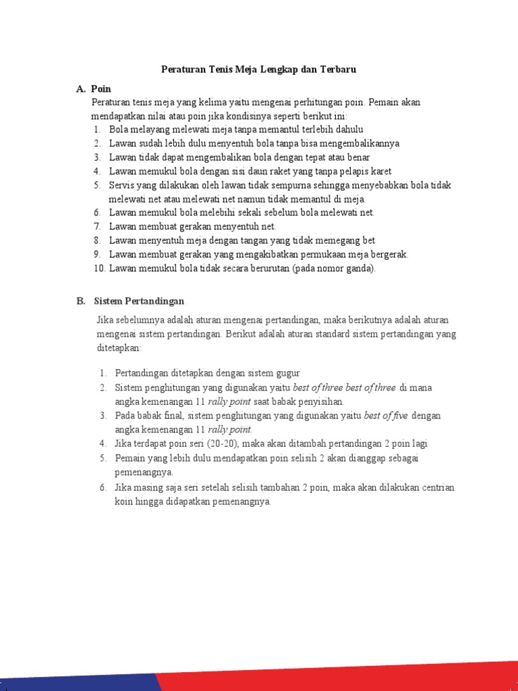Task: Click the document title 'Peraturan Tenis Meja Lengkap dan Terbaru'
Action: [258, 69]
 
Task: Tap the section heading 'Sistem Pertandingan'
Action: [139, 301]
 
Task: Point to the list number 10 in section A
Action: [98, 268]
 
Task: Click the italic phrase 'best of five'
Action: [386, 416]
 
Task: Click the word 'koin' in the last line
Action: [125, 501]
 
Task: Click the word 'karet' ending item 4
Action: [380, 171]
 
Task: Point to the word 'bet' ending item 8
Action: [368, 240]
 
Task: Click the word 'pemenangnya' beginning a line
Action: [143, 472]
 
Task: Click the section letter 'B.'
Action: [81, 301]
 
